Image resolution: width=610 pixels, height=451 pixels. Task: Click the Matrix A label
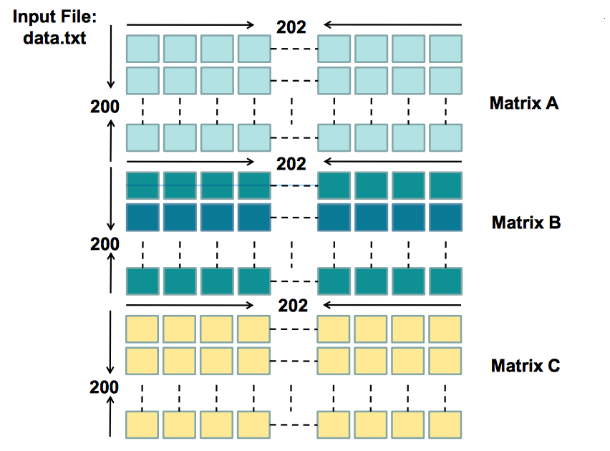[524, 103]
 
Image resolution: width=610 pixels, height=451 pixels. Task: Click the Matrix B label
[526, 223]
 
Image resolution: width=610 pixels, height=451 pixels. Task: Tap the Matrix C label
[525, 366]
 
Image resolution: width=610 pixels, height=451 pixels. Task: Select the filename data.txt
[54, 37]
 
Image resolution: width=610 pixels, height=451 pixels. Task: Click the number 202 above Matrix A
[291, 27]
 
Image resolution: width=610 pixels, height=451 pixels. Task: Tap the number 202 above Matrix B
[291, 164]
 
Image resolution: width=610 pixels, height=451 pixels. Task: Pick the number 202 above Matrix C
[291, 306]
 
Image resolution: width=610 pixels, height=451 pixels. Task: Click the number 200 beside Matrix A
[105, 107]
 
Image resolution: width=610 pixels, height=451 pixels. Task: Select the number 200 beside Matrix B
[105, 244]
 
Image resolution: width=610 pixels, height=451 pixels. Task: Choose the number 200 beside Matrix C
[105, 387]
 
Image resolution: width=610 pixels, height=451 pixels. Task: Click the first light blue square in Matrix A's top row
[142, 48]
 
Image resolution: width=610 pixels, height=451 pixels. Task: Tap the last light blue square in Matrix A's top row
[446, 48]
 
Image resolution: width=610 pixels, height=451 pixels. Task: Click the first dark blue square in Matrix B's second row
[142, 217]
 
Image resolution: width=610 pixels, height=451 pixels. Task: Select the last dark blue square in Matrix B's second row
[446, 217]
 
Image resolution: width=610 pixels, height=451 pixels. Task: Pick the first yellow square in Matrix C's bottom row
[142, 424]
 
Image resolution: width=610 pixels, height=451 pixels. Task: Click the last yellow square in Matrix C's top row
[446, 329]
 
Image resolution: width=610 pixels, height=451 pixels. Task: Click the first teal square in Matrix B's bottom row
[142, 280]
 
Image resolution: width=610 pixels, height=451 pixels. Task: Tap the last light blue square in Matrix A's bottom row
[446, 137]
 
